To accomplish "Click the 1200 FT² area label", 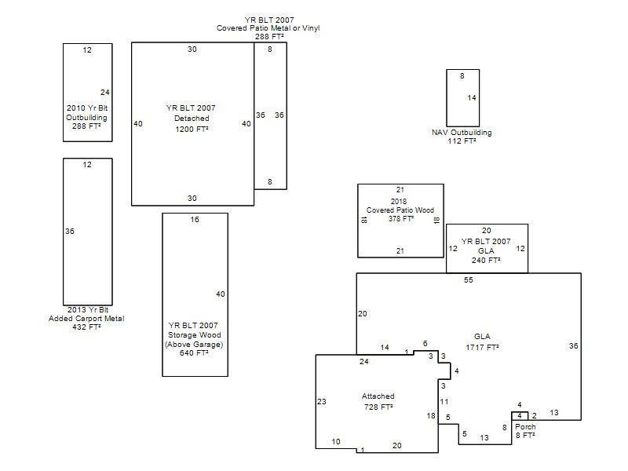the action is (x=192, y=129).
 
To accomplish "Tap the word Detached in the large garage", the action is (x=192, y=119).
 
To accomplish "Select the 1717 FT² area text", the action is (x=482, y=347).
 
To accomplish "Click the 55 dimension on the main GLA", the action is (x=469, y=280).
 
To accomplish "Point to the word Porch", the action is (x=525, y=426).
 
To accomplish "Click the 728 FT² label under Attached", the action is (x=378, y=407).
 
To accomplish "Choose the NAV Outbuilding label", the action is (x=462, y=132).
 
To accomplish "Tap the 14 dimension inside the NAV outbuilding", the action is (x=472, y=97).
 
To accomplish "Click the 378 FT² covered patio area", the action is (x=401, y=219).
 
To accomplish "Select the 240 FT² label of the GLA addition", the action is (x=486, y=260).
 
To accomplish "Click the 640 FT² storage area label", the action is (x=194, y=352).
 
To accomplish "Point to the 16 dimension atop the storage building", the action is (x=195, y=220).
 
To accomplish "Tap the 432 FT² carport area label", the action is (x=86, y=327).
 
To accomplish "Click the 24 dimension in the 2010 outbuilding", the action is (x=105, y=92).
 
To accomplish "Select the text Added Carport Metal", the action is (x=86, y=319).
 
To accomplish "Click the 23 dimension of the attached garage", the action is (x=322, y=401).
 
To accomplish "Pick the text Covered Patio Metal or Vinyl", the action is (x=268, y=28).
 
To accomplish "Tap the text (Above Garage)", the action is (x=194, y=345).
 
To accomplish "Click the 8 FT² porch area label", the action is (x=525, y=435).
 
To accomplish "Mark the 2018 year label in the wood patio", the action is (x=399, y=202).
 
